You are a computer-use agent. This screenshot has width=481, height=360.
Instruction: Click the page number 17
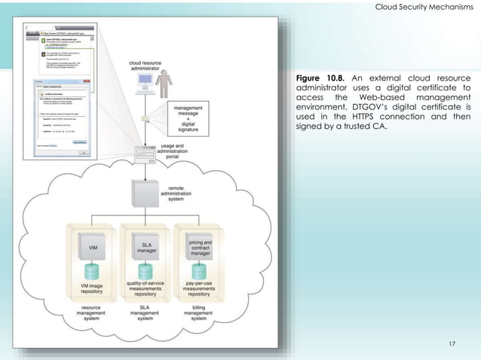coord(452,344)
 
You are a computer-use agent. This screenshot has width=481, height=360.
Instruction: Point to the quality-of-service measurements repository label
coord(142,291)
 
